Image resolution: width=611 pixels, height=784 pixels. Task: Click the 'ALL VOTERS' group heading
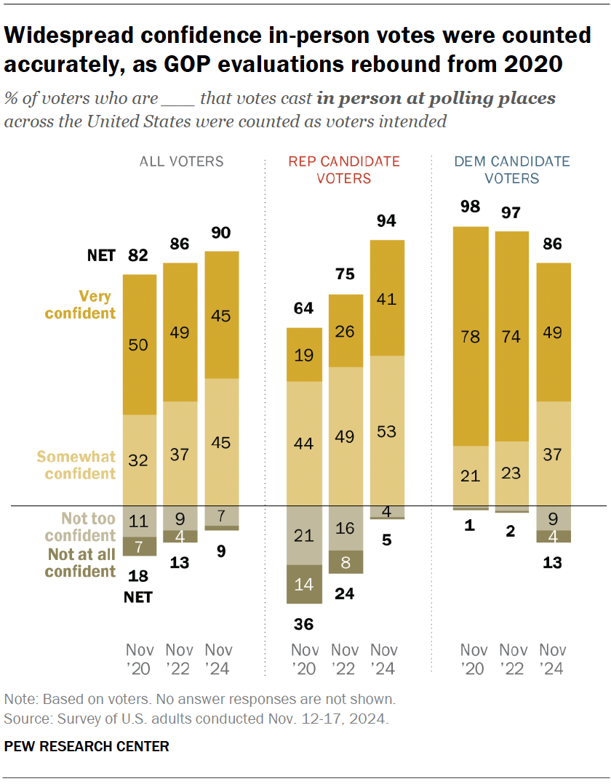tap(181, 161)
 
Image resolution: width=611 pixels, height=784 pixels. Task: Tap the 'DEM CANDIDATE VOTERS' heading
tap(512, 169)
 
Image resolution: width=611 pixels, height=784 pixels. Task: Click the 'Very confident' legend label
tap(80, 305)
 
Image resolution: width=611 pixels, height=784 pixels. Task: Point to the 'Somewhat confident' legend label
tap(76, 465)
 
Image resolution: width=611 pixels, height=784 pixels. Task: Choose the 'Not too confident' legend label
tap(79, 527)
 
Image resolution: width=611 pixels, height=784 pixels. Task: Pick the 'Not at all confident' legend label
tap(79, 562)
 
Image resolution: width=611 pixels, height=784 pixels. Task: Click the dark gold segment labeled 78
tap(471, 336)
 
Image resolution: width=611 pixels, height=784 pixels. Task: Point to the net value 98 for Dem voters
tap(471, 207)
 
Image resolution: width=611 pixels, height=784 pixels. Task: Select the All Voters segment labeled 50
tap(138, 345)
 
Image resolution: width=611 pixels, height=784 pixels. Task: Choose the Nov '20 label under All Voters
tap(139, 659)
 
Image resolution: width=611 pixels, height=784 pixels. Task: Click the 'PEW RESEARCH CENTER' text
tap(87, 746)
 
